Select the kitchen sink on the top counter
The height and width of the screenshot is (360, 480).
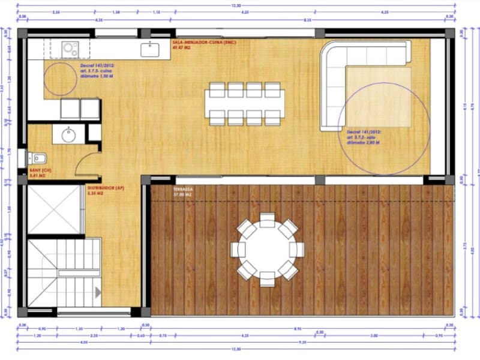149,49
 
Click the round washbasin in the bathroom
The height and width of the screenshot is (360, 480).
67,134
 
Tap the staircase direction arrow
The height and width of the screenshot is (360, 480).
97,292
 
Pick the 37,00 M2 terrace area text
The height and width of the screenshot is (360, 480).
182,195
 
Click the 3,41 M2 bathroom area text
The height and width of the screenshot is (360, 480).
37,176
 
